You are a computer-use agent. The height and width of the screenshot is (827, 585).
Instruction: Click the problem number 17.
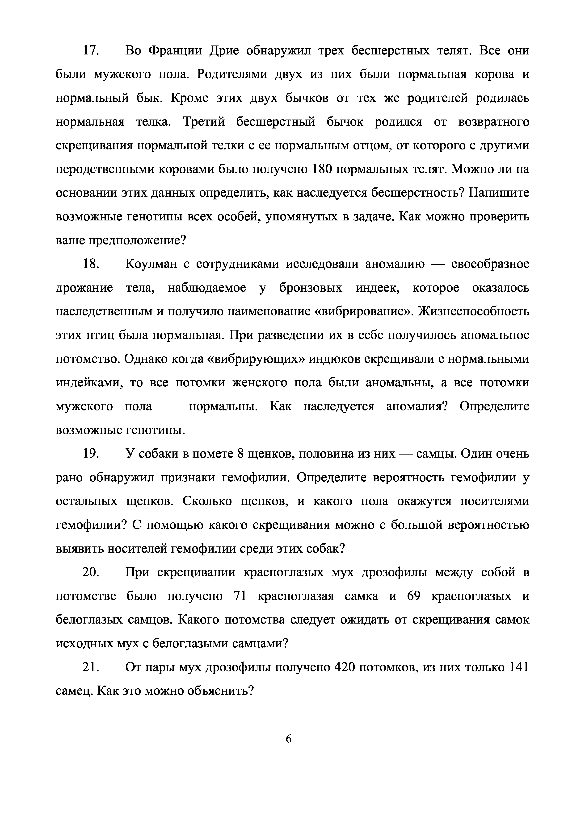point(91,51)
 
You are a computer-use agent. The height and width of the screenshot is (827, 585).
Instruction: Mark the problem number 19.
point(91,454)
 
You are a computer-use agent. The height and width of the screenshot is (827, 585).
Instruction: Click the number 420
point(345,667)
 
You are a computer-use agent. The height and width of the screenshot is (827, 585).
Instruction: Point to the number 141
point(518,667)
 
